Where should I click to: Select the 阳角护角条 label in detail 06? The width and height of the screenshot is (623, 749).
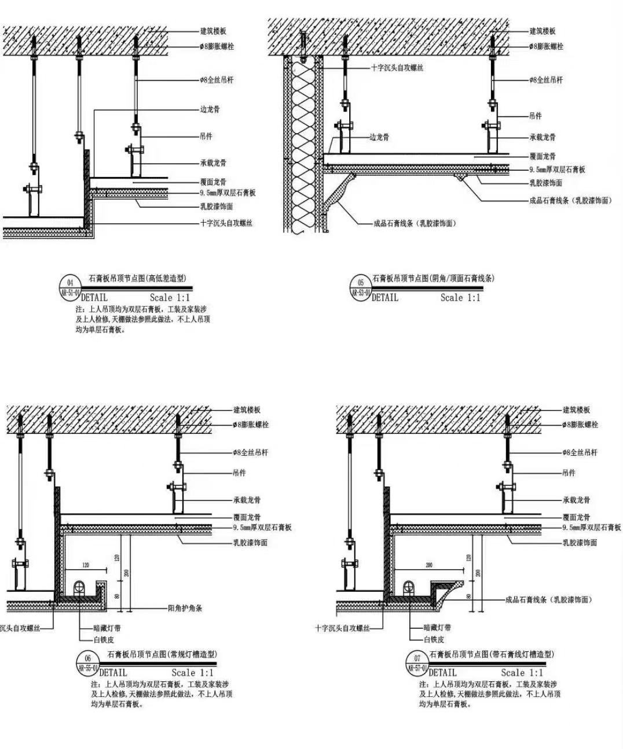coord(185,608)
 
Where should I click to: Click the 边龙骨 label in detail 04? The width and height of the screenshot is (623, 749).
coord(210,109)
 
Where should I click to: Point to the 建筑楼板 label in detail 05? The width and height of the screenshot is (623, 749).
coord(543,31)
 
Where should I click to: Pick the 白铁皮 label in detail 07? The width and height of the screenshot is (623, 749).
coord(434,639)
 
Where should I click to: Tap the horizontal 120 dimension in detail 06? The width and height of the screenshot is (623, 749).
coord(86,564)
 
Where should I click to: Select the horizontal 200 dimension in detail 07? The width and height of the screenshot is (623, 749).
coord(428,564)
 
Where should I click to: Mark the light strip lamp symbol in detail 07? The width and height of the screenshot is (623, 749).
coord(409,587)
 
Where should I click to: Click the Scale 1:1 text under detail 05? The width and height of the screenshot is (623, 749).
coord(460,298)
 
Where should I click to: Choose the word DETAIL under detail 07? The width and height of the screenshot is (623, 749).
coord(442,673)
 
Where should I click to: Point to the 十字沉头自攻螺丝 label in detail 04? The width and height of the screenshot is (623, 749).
coord(226,223)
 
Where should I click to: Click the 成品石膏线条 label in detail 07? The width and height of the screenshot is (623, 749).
coord(548,600)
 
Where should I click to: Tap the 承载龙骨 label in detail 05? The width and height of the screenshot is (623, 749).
coord(543,138)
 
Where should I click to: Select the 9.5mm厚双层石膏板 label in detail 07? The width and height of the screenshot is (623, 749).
coord(591,527)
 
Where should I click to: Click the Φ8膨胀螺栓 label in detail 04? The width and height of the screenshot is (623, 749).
coord(217,46)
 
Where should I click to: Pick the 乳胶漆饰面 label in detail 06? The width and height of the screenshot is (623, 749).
coord(250,543)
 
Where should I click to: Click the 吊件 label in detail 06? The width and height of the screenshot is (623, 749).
coord(239,473)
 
